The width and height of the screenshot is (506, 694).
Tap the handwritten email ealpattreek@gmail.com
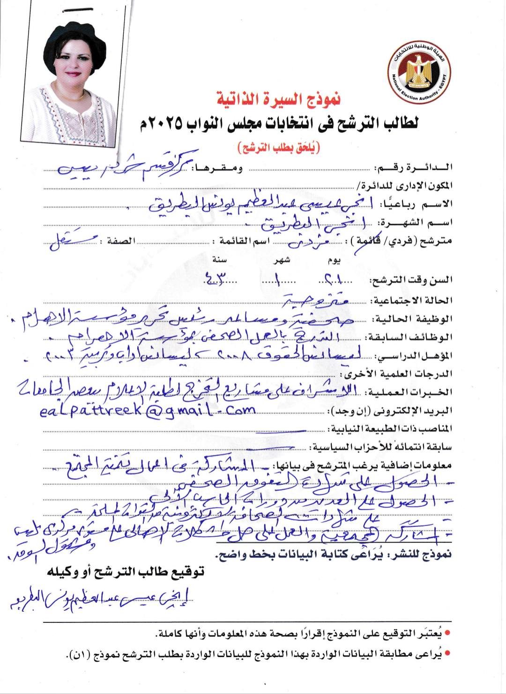tap(148, 410)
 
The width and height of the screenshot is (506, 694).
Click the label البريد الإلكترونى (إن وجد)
tap(392, 411)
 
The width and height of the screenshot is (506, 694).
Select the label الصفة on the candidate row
tap(121, 241)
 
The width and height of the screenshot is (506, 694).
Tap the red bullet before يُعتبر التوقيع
tap(447, 634)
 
